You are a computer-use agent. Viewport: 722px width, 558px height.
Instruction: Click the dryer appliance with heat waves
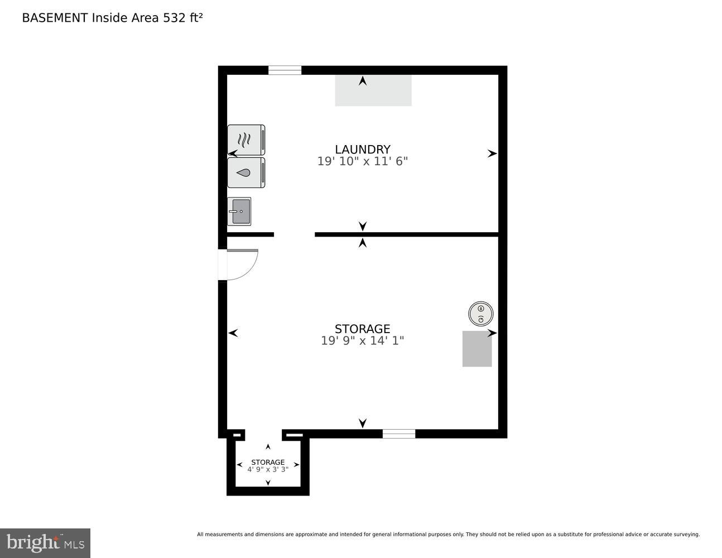coord(246,139)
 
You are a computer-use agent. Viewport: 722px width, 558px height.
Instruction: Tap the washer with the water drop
coord(246,172)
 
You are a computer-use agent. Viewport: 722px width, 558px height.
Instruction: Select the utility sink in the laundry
coord(239,211)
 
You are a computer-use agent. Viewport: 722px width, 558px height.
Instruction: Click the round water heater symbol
coord(480,314)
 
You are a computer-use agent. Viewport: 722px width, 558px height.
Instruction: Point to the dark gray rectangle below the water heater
coord(477,349)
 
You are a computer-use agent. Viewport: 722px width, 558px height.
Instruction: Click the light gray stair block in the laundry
coord(373,90)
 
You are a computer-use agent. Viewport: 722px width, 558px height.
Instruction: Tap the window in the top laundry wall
coord(285,70)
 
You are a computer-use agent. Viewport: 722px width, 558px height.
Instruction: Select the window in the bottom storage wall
coord(398,434)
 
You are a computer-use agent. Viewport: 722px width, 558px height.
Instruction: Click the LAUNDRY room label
coord(363,149)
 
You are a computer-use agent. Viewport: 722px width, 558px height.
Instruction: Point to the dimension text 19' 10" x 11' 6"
coord(363,161)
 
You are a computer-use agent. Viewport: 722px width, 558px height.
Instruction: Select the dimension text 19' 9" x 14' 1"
coord(363,340)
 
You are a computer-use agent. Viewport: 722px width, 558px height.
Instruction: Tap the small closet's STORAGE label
coord(268,462)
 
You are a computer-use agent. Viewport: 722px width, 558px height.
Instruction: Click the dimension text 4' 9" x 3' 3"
coord(268,469)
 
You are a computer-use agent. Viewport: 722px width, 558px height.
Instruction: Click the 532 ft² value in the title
coord(182,18)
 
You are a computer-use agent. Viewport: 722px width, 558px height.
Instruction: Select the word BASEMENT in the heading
coord(55,18)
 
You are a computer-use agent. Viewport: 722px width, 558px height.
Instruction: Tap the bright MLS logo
coord(45,543)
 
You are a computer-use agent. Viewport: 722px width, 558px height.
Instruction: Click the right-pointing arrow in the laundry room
coord(492,153)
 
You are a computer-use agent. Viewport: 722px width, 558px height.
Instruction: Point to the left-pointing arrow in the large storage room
coord(233,333)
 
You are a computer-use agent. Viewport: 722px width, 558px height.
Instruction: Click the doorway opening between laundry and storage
coord(294,234)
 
